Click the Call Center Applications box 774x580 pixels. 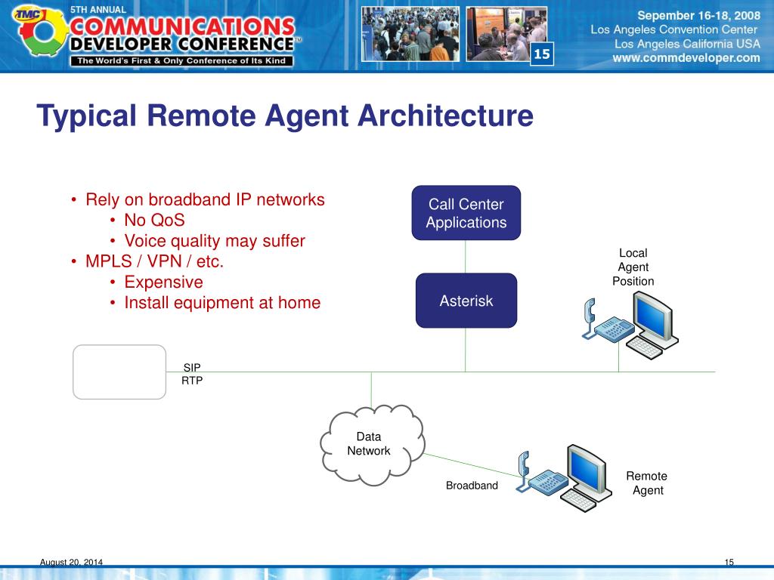click(466, 213)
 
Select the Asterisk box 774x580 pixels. click(466, 301)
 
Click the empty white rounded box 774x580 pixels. click(119, 372)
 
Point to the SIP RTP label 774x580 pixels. click(192, 374)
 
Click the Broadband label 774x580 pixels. click(472, 486)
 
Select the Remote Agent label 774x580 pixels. click(647, 483)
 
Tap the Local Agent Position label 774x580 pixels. click(633, 267)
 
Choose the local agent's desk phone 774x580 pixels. click(605, 325)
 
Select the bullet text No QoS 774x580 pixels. click(154, 221)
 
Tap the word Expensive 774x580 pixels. click(163, 282)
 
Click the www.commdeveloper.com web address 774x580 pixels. click(686, 57)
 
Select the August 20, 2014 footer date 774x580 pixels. click(71, 562)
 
